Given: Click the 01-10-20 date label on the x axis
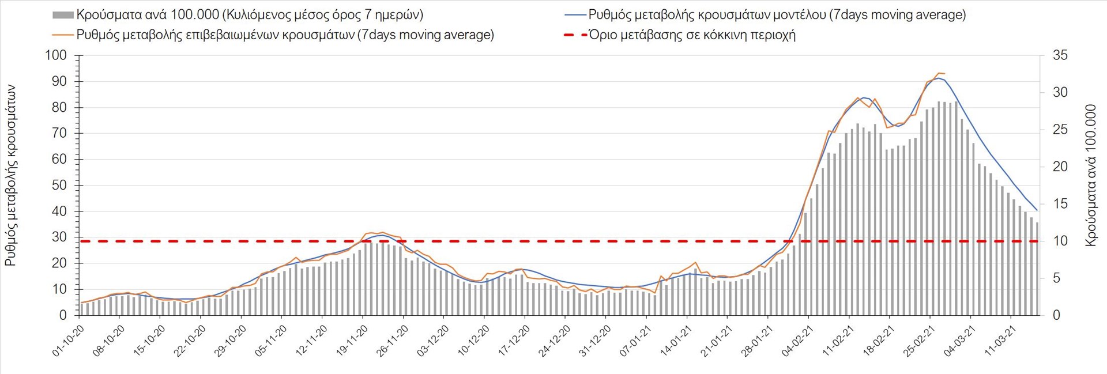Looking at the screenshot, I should pos(68,341).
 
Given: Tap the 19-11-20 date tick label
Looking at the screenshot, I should pos(352,341).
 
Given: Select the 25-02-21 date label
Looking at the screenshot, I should pos(918,341).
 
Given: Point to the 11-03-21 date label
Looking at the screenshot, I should pos(1000,341).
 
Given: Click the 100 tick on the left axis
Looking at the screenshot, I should pos(56,55).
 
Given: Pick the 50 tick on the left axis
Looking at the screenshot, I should pos(59,186).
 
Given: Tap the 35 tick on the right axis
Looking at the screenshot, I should pos(1060,55).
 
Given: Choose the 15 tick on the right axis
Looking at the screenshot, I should pos(1060,204).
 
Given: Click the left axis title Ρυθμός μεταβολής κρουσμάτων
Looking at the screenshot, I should pos(10,176).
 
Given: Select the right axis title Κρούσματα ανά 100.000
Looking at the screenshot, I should pos(1090,176).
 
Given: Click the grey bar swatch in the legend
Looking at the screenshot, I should pos(63,15).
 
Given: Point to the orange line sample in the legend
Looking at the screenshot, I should pos(63,35).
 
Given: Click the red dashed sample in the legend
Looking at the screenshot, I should pos(574,35).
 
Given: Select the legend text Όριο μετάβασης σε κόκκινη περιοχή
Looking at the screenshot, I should pos(692,35).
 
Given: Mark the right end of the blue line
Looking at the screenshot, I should pos(1037,210).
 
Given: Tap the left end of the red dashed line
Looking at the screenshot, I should pos(81,241).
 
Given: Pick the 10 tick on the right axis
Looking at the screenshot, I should pos(1060,241).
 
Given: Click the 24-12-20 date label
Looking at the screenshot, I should pos(554,341).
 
